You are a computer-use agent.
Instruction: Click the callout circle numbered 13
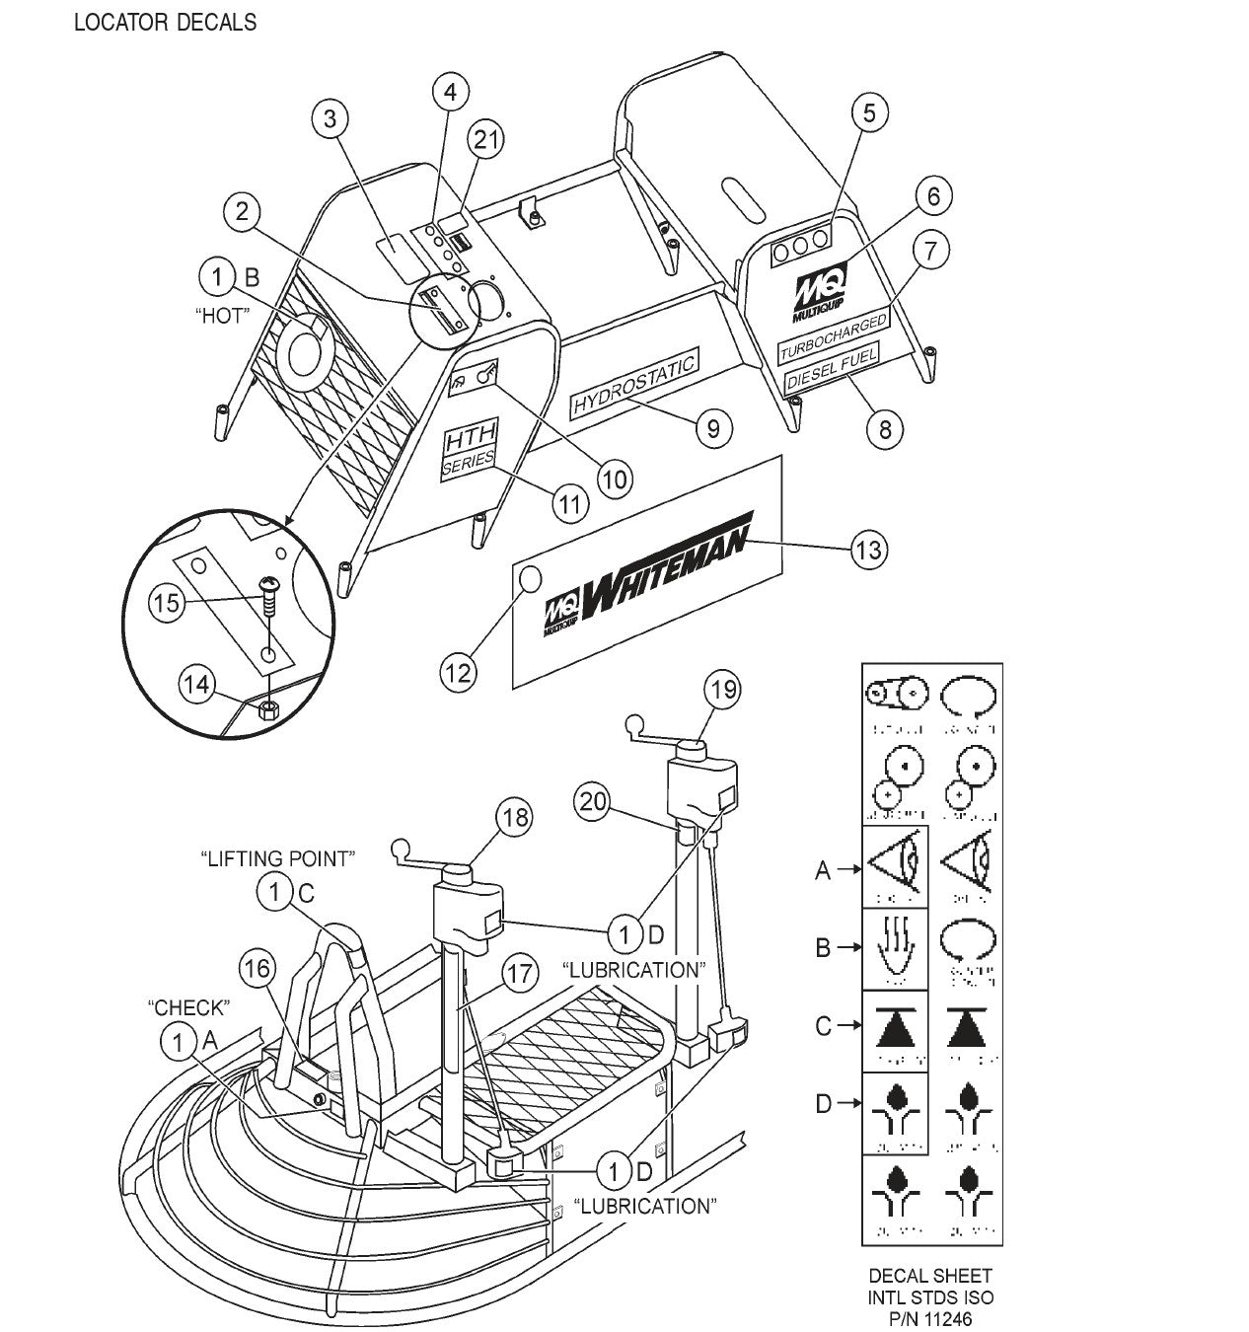click(868, 550)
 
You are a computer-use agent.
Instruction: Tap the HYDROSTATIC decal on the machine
click(635, 381)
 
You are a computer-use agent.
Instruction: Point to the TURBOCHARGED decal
click(833, 334)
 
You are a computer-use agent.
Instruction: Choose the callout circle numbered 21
click(484, 140)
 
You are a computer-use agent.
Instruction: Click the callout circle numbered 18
click(515, 817)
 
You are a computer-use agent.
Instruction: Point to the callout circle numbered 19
click(724, 689)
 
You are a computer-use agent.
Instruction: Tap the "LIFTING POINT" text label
click(276, 858)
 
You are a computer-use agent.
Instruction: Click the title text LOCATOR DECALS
click(165, 22)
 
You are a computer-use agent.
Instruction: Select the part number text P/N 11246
click(931, 1317)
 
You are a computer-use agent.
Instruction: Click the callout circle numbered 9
click(713, 427)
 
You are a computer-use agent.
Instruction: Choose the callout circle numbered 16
click(256, 969)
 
